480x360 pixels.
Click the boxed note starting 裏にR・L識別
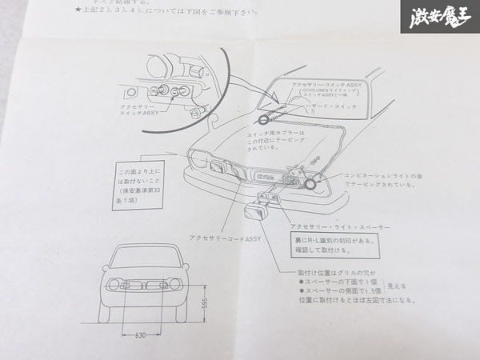(x=335, y=243)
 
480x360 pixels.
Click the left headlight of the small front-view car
(x=118, y=285)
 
